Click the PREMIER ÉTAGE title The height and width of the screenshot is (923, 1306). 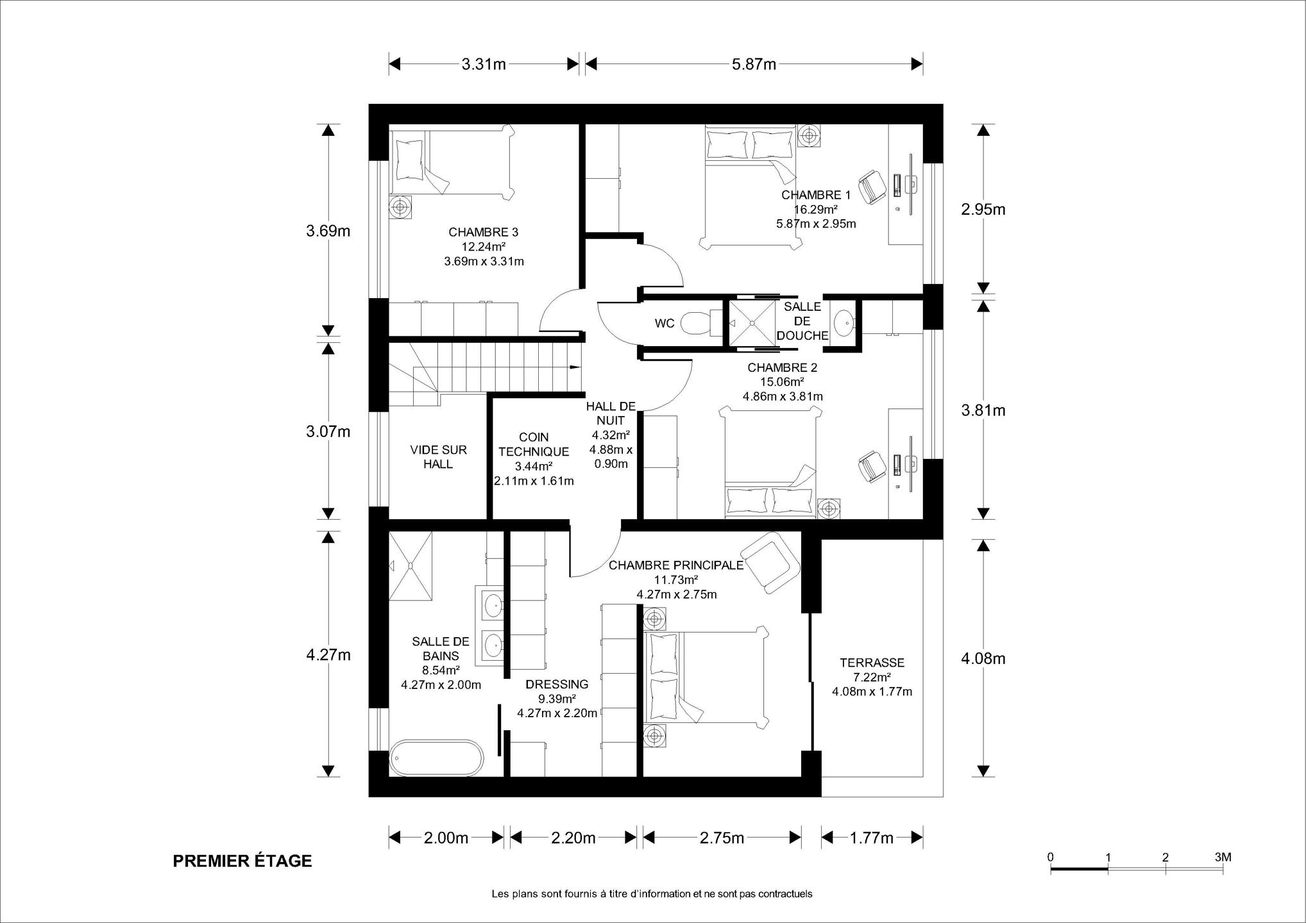pyautogui.click(x=242, y=861)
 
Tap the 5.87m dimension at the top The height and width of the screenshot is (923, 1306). pyautogui.click(x=754, y=64)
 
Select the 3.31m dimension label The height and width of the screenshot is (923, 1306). pyautogui.click(x=484, y=64)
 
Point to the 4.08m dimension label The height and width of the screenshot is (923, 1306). pyautogui.click(x=983, y=658)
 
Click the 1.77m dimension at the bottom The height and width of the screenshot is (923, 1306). pyautogui.click(x=871, y=838)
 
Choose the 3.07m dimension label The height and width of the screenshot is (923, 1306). pyautogui.click(x=328, y=432)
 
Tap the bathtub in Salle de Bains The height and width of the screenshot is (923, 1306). pyautogui.click(x=436, y=759)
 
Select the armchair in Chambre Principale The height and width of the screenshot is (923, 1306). pyautogui.click(x=770, y=561)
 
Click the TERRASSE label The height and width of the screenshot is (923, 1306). pyautogui.click(x=872, y=663)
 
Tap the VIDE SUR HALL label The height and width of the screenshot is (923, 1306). pyautogui.click(x=439, y=457)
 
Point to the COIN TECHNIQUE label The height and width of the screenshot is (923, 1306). pyautogui.click(x=534, y=444)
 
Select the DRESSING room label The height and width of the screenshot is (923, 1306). pyautogui.click(x=557, y=684)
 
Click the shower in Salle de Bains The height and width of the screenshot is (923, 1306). pyautogui.click(x=411, y=565)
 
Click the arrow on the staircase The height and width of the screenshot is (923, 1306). pyautogui.click(x=574, y=367)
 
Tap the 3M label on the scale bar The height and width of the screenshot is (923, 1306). pyautogui.click(x=1223, y=857)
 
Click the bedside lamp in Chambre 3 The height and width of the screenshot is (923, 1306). pyautogui.click(x=402, y=207)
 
